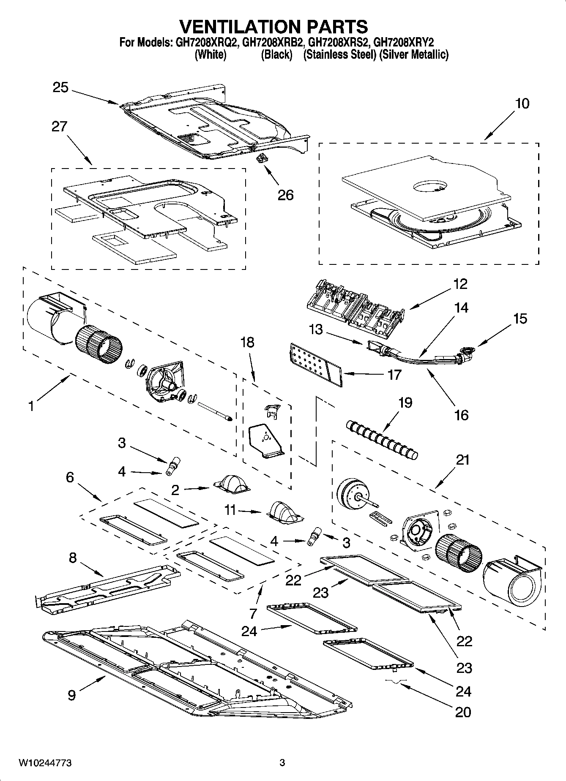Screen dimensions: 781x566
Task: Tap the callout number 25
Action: point(60,87)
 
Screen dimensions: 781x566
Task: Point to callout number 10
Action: point(522,103)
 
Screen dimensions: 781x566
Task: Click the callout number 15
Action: point(520,318)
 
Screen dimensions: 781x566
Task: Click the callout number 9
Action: point(71,695)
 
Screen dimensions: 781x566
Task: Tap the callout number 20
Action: point(463,712)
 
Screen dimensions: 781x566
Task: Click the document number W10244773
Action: point(44,763)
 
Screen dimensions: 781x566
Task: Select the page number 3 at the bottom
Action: point(282,763)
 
